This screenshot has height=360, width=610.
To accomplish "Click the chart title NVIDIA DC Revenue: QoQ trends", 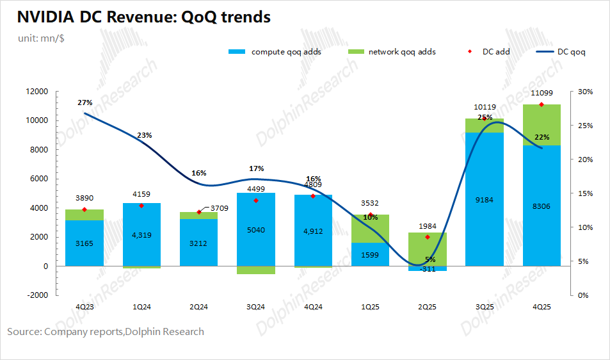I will pyautogui.click(x=139, y=17).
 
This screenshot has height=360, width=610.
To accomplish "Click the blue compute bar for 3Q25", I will pyautogui.click(x=484, y=199).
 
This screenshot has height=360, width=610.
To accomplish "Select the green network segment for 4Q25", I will pyautogui.click(x=542, y=125).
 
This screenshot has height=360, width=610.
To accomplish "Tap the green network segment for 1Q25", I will pyautogui.click(x=370, y=229).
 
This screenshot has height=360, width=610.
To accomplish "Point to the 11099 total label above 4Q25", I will pyautogui.click(x=542, y=94).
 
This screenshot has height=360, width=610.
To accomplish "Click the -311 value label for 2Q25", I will pyautogui.click(x=427, y=269).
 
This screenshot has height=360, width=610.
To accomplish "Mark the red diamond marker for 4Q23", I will pyautogui.click(x=84, y=209).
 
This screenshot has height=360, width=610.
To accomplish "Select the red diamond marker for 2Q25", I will pyautogui.click(x=427, y=237).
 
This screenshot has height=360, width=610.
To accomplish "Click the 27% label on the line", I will pyautogui.click(x=84, y=102).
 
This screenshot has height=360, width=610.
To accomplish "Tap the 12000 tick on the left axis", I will pyautogui.click(x=37, y=92).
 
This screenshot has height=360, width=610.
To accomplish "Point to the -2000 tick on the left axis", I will pyautogui.click(x=37, y=295).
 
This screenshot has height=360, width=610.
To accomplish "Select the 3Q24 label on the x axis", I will pyautogui.click(x=256, y=307).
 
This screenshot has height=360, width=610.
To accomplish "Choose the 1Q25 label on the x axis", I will pyautogui.click(x=370, y=307).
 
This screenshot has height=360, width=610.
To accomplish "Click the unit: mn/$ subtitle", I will pyautogui.click(x=41, y=38).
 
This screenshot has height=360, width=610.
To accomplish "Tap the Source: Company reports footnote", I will pyautogui.click(x=106, y=332).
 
